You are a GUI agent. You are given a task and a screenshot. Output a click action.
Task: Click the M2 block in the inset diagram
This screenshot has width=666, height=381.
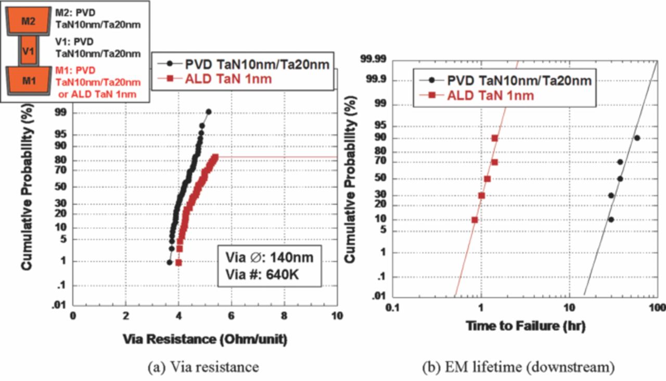point(28,21)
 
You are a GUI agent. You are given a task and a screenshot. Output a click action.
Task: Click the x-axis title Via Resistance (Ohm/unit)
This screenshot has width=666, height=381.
point(204,338)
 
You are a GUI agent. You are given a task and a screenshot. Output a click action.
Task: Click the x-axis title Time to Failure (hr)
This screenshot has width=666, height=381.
point(526,326)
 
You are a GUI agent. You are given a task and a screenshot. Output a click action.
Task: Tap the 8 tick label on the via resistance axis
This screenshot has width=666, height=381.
point(284,315)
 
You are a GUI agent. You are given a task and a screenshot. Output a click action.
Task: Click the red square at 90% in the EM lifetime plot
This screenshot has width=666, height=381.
point(494,138)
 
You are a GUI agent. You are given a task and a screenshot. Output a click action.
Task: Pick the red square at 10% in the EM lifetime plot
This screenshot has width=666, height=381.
point(475,220)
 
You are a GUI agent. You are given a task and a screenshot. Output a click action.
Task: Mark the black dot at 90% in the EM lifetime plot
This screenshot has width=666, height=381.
point(637,138)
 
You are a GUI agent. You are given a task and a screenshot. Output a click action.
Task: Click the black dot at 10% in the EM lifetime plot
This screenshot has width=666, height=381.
point(611,219)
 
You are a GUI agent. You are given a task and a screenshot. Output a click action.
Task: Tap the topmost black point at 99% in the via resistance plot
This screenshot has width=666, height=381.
point(209,112)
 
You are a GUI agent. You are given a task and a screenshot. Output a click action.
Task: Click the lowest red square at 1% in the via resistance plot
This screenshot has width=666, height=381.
point(178,263)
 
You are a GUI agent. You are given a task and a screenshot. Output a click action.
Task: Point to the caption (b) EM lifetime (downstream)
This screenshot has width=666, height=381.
point(518,367)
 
